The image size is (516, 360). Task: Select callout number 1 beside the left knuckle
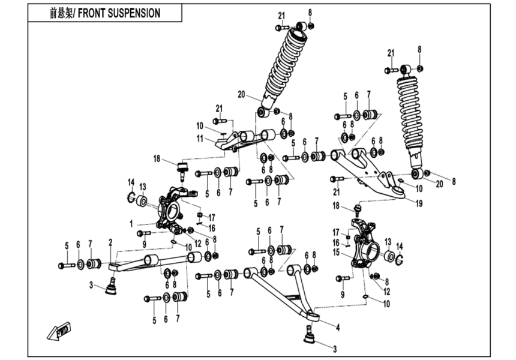tap(130, 223)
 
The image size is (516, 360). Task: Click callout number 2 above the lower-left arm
tap(110, 242)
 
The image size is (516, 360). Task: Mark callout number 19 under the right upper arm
tap(419, 203)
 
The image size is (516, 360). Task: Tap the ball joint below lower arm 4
tap(310, 333)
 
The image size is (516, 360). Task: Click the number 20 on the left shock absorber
tap(242, 94)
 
